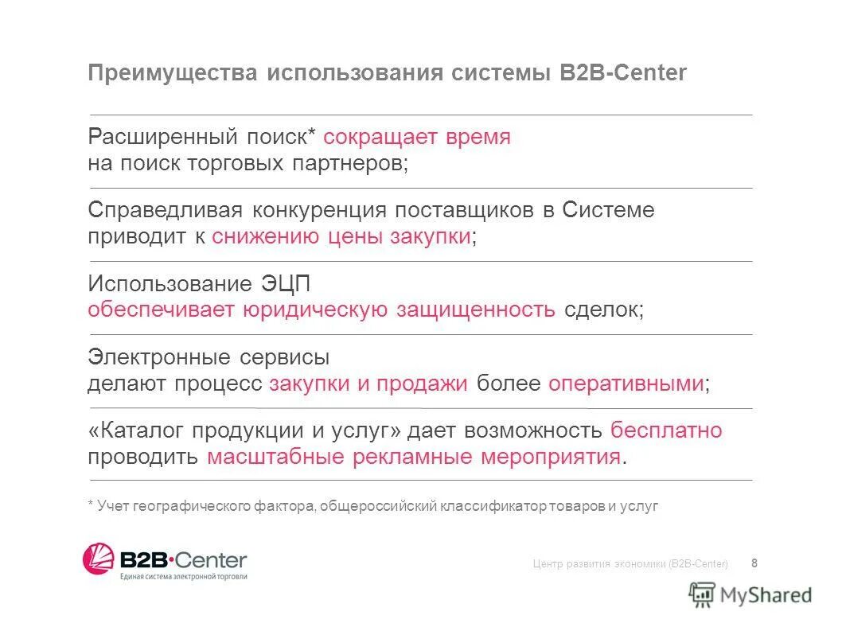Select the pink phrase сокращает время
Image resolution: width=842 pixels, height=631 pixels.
point(417,137)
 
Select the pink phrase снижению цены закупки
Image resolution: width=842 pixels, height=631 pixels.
point(341,237)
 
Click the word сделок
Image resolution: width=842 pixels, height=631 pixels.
point(603,310)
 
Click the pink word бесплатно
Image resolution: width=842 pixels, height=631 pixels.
point(667,430)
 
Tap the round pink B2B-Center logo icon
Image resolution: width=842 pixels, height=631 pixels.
point(99,559)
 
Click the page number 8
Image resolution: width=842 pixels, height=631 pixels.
point(754,563)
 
